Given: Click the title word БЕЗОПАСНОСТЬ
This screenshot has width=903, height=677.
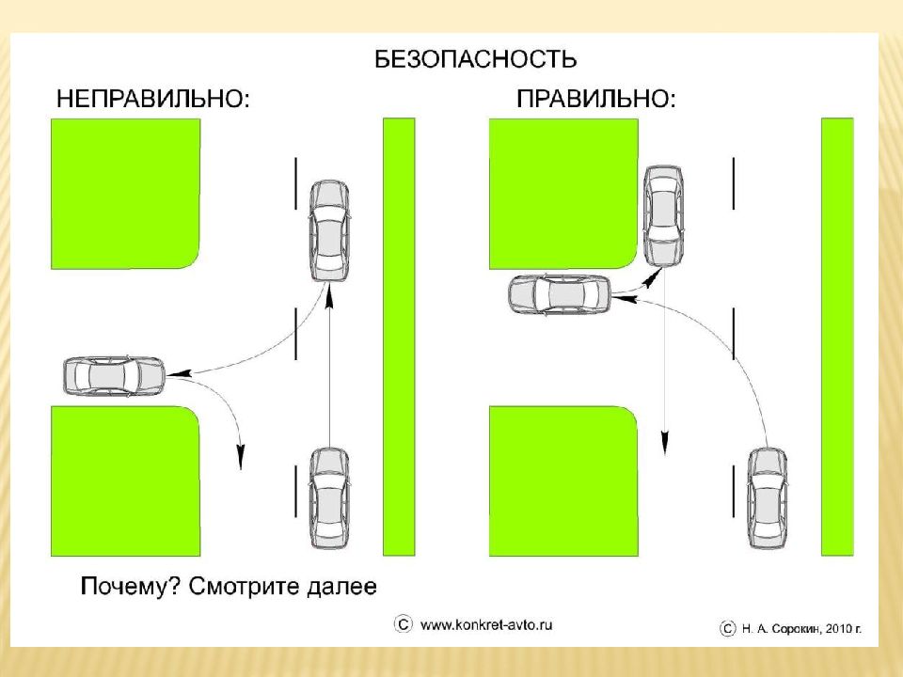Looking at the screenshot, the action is tap(475, 59).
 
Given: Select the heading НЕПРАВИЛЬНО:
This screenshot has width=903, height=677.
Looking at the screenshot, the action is tap(153, 100).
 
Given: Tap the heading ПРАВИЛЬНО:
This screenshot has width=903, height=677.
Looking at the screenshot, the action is tap(596, 99).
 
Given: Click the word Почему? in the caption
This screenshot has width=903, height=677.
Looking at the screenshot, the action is tap(130, 587).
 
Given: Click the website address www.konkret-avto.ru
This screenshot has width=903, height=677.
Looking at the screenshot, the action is tap(486, 625).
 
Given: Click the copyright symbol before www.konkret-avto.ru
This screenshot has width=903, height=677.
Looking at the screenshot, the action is tap(404, 624).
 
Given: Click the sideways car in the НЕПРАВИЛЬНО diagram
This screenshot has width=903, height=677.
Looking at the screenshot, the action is tap(115, 376).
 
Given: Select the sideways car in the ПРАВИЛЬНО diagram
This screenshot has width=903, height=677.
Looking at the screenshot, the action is tap(559, 294).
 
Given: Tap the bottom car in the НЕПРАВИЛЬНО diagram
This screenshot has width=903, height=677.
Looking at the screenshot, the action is tap(329, 498).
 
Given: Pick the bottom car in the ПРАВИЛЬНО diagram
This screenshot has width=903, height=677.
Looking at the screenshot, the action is tap(768, 498).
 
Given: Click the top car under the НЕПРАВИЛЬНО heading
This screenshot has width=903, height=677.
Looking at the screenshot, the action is tap(329, 231).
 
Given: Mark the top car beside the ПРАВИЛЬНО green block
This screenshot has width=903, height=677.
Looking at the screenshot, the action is tap(663, 216).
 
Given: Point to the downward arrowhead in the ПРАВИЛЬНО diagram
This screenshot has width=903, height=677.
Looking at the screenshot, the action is tap(665, 442).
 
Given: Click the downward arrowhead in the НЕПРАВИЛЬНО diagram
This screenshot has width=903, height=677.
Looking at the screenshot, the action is tap(241, 457).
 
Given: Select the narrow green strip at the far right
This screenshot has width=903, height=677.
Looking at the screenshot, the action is tap(837, 337).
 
